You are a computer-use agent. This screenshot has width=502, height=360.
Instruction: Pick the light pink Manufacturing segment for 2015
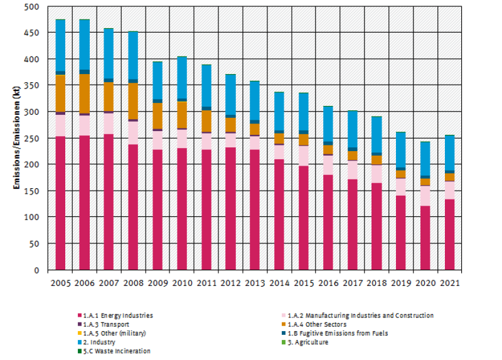303,155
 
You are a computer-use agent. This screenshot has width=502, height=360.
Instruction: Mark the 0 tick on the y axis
36,270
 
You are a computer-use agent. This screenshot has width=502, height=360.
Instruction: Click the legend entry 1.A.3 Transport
106,324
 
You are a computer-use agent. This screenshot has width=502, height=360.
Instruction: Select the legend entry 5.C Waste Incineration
116,351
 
